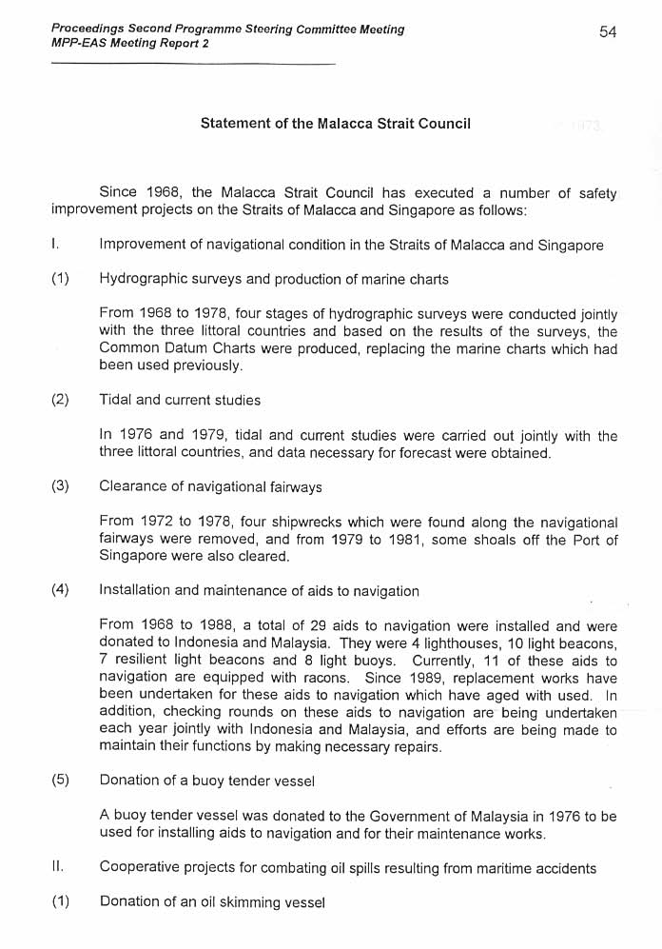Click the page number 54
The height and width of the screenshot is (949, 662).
pos(608,32)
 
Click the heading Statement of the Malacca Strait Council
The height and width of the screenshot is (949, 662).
pos(335,124)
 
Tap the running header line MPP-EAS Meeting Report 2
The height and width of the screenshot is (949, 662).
pos(130,44)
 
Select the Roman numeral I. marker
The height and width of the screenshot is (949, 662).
pos(56,245)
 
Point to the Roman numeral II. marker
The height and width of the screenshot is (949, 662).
pos(58,868)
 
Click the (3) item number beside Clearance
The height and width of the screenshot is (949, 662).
pos(60,486)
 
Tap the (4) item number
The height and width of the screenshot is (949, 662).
pos(60,590)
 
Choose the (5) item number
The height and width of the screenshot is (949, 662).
pos(60,781)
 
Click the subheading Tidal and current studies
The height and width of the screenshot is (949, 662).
pos(180,400)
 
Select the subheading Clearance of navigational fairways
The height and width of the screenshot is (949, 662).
pos(210,486)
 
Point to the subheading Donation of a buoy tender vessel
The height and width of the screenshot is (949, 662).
pos(206,781)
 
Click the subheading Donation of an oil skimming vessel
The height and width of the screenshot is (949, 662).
pos(212,901)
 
